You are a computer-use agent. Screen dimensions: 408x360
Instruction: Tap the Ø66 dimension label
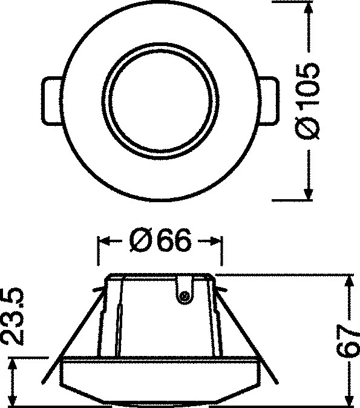[160, 242]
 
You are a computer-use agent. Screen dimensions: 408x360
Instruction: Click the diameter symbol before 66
[139, 242]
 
